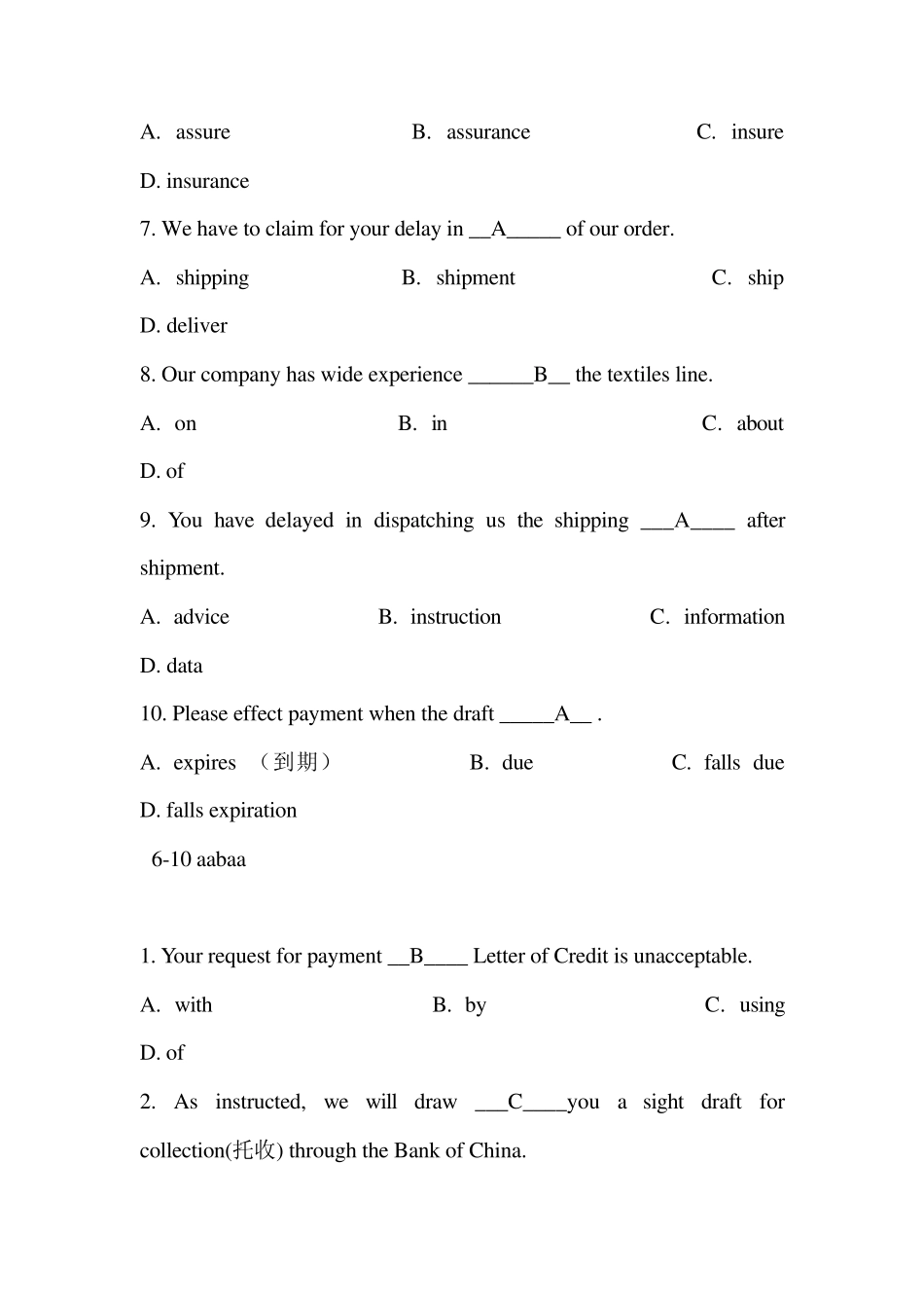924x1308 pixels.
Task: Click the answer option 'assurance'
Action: [487, 132]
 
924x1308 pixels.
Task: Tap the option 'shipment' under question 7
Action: [476, 278]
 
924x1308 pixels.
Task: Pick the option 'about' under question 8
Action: [760, 423]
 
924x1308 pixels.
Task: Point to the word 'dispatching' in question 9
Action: [423, 521]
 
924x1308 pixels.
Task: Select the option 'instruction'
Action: [455, 617]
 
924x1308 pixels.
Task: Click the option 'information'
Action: [733, 617]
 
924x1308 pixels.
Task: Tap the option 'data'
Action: [184, 666]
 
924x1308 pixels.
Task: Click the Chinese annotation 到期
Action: [296, 762]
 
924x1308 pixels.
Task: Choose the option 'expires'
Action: [204, 763]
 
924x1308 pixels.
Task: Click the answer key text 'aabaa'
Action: [221, 859]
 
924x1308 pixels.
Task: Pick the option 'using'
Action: [762, 1005]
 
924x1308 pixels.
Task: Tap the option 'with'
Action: [193, 1005]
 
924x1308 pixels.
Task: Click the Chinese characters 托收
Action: [254, 1150]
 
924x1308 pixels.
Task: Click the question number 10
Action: [153, 714]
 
